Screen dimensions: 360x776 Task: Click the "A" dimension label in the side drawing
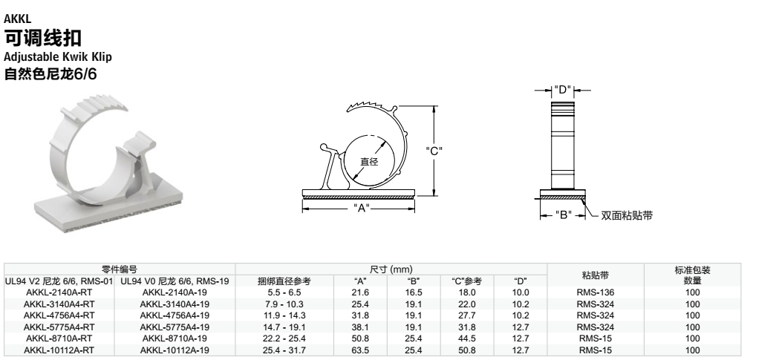[359, 208]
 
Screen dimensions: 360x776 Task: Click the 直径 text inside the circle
[369, 162]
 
